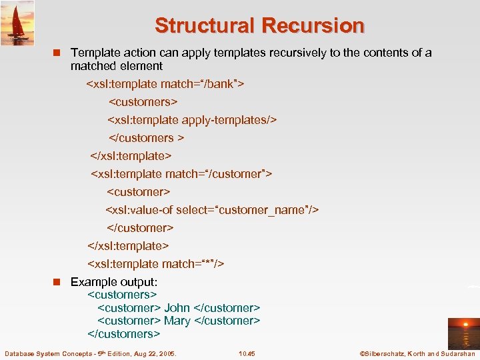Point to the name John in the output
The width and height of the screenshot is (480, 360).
point(177,308)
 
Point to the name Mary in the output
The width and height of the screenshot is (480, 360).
point(177,321)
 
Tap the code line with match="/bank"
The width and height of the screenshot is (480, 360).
point(165,84)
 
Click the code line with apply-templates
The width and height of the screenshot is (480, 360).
point(192,120)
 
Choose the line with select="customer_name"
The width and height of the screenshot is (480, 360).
point(212,210)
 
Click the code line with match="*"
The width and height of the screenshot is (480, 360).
point(155,264)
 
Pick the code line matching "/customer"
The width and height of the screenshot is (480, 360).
point(181,174)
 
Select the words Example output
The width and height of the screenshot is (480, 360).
point(114,282)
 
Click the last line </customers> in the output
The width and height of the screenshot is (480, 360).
point(124,333)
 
